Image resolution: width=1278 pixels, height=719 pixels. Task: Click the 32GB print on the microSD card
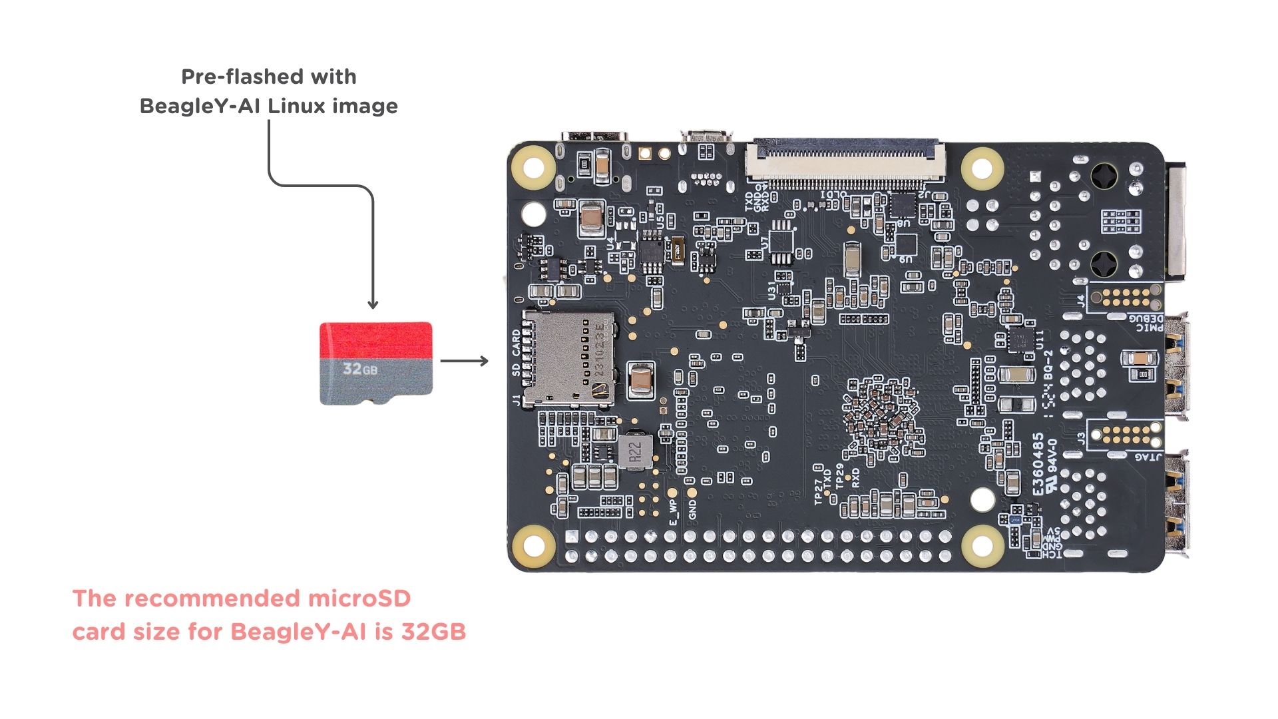pos(360,368)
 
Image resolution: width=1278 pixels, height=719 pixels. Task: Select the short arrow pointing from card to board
pos(464,361)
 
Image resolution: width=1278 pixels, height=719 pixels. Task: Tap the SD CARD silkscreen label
pos(517,353)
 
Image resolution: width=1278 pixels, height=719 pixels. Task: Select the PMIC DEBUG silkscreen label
pos(1146,322)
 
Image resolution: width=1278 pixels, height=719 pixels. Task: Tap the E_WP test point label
pos(673,512)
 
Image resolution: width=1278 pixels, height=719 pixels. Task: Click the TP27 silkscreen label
pos(818,493)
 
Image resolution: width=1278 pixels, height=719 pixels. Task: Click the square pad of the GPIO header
pos(572,537)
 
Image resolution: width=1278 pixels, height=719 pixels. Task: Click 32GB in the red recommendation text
pos(433,631)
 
